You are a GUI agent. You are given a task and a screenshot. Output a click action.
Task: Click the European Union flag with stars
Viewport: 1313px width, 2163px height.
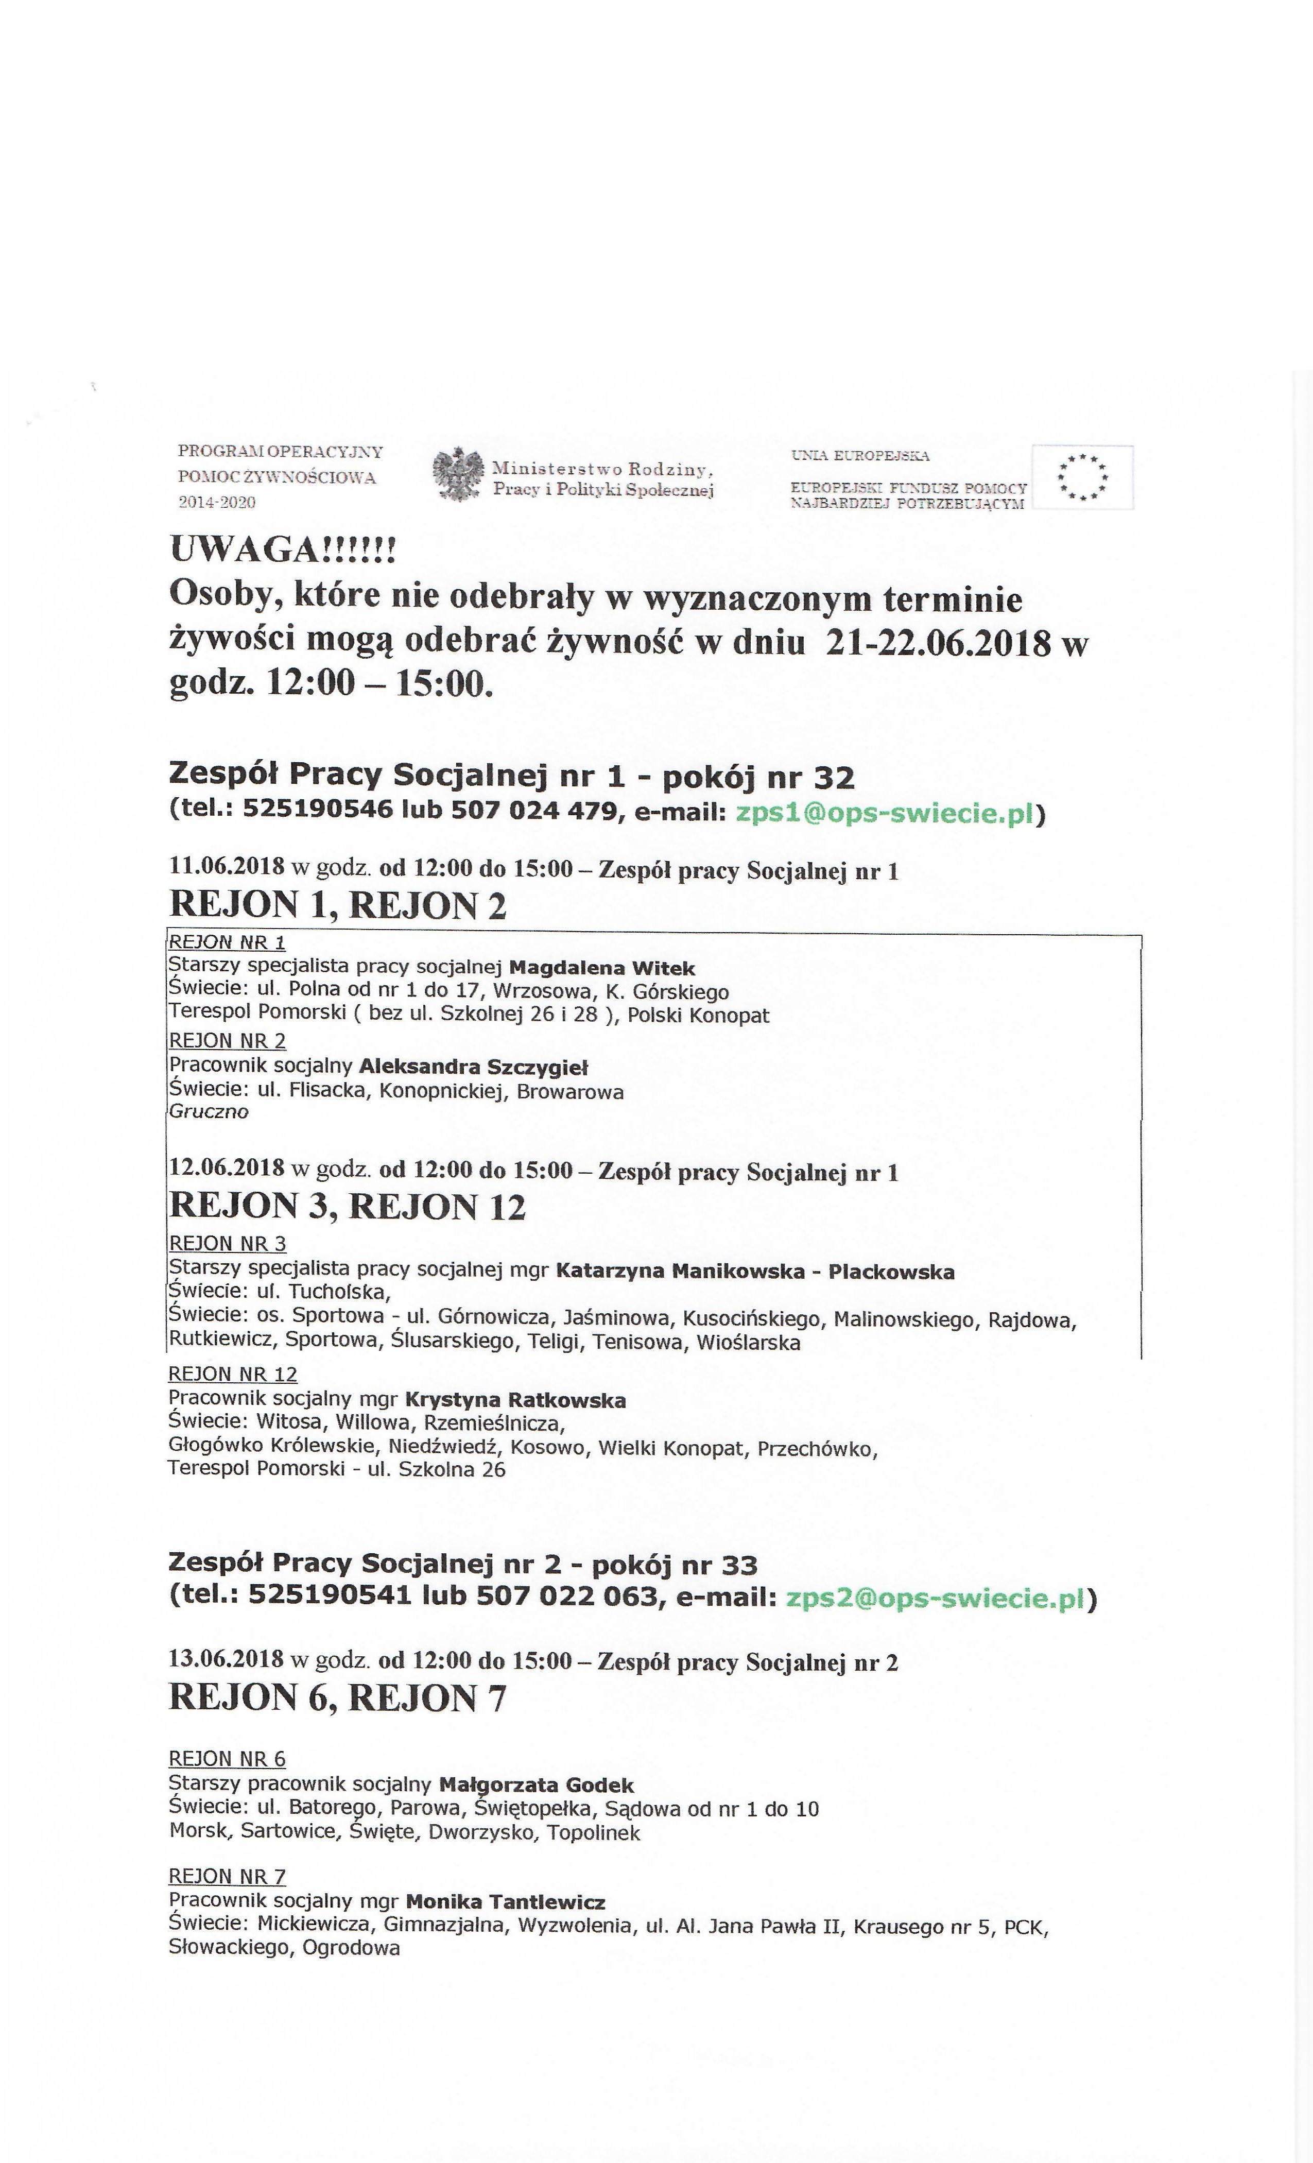pos(1082,477)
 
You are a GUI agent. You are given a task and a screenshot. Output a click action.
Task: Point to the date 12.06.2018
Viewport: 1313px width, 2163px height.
pos(227,1169)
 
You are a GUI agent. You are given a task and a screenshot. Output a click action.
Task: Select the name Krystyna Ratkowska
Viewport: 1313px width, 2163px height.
pos(515,1400)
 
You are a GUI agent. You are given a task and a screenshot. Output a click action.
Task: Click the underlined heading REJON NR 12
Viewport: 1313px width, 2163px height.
pos(233,1375)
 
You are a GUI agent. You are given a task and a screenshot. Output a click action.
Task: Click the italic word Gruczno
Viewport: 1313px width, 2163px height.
pos(208,1112)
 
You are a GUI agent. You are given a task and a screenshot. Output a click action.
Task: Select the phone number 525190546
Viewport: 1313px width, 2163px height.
pos(318,811)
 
